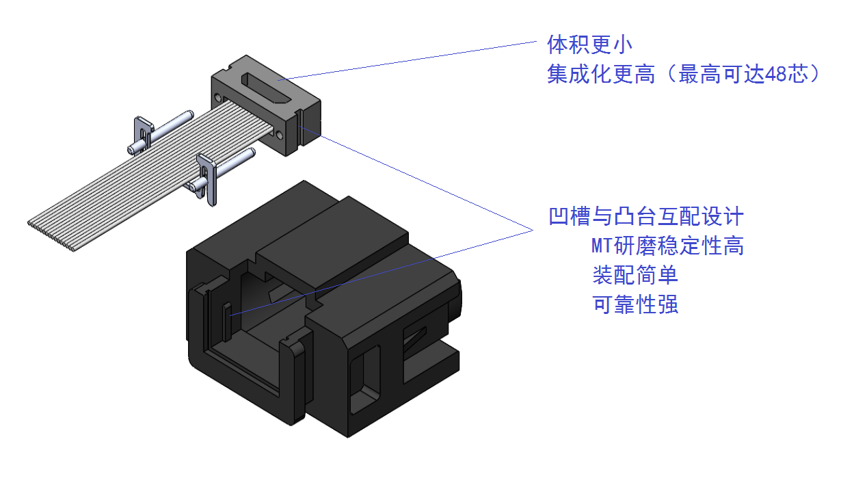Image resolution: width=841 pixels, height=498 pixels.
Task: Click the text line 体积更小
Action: coord(589,45)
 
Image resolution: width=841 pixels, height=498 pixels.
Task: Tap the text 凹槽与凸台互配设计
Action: coord(646,218)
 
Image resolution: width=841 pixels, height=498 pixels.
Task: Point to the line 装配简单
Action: coord(635,275)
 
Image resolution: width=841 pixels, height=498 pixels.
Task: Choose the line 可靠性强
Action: coord(635,304)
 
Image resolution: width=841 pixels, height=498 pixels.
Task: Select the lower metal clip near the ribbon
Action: coord(207,175)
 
